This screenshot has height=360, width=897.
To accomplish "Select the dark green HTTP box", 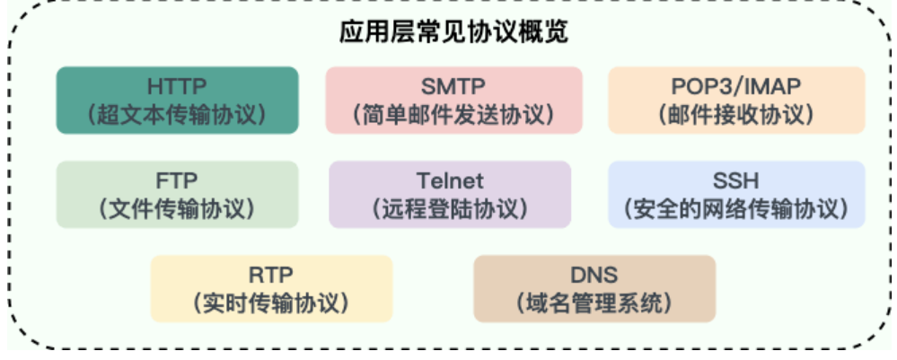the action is pyautogui.click(x=177, y=100).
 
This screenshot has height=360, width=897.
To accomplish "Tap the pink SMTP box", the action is pyautogui.click(x=453, y=100).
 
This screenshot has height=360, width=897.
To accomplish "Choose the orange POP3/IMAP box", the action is pyautogui.click(x=736, y=100).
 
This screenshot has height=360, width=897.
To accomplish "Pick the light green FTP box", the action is pyautogui.click(x=177, y=194).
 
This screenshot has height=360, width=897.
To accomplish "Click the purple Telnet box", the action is pyautogui.click(x=450, y=194).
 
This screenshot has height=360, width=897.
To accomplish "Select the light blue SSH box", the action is pyautogui.click(x=736, y=194).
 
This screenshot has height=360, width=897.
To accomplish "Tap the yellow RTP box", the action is pyautogui.click(x=271, y=288).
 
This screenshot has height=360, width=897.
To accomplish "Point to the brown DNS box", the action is pyautogui.click(x=594, y=288).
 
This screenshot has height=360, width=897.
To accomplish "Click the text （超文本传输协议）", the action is pyautogui.click(x=177, y=116).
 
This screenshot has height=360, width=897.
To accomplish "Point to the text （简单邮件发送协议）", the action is pyautogui.click(x=453, y=116).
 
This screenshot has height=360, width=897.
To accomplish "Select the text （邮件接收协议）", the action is pyautogui.click(x=736, y=116).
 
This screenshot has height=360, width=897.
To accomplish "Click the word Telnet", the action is pyautogui.click(x=450, y=180).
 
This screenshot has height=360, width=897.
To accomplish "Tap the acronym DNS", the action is pyautogui.click(x=594, y=274).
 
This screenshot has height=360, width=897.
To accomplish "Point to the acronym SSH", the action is pyautogui.click(x=736, y=180).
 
